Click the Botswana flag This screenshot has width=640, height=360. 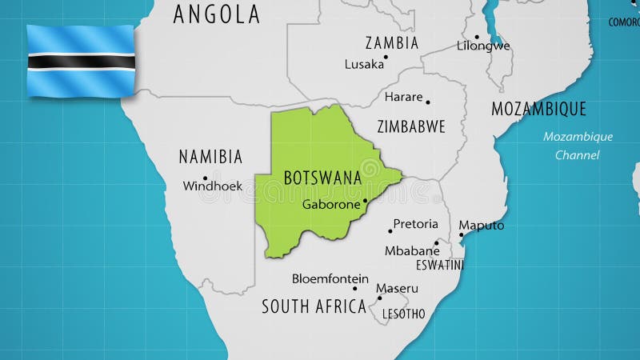point(80,61)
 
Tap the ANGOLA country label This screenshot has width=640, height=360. point(216,14)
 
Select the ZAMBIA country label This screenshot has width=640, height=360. point(391,43)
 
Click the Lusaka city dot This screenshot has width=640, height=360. point(386,57)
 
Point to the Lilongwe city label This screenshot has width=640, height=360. point(483,46)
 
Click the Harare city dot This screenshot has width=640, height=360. point(428,102)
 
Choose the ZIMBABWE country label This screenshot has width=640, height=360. point(410,126)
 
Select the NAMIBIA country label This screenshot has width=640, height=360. point(210,157)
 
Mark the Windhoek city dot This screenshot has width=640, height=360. point(205,178)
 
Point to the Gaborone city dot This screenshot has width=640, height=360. point(366,201)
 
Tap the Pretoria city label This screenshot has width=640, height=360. point(415,224)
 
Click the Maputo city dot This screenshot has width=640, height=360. point(461,234)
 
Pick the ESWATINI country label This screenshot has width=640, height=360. point(439,264)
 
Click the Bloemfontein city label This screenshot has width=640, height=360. point(330,278)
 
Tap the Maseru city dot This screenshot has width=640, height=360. point(380,298)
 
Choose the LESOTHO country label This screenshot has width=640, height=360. point(403,314)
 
